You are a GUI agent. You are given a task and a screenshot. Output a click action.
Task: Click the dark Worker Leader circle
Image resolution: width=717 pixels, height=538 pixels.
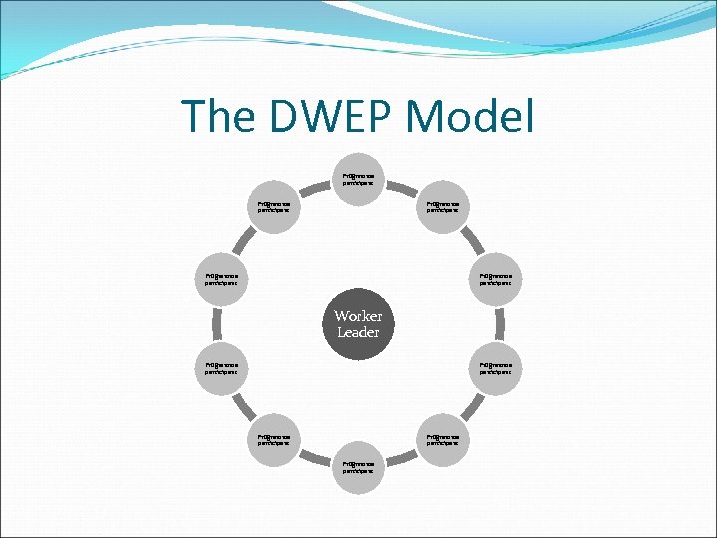358,324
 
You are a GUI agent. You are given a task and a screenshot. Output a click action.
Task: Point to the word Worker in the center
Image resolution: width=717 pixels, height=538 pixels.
358,316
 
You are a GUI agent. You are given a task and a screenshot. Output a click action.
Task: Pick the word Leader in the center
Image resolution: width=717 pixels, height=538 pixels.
358,333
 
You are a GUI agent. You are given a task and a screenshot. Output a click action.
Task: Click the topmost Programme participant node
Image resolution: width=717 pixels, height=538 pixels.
358,180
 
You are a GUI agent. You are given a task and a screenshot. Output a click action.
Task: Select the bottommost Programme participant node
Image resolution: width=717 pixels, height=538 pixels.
358,467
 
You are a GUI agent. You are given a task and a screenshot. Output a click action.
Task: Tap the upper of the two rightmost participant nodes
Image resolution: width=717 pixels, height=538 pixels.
495,279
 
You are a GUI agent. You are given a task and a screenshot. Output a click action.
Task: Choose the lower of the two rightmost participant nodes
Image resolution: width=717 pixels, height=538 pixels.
495,369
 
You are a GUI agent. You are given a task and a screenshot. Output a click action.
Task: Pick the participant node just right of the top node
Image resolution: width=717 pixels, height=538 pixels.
442,207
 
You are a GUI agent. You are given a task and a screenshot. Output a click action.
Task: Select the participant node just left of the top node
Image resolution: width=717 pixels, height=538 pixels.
274,207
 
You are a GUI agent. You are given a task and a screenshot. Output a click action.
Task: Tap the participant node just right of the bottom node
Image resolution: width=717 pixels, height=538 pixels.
442,439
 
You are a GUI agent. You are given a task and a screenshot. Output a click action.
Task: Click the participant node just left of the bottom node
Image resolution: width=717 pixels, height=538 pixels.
274,439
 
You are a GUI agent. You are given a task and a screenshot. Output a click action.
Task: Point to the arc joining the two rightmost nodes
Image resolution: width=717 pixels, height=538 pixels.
502,324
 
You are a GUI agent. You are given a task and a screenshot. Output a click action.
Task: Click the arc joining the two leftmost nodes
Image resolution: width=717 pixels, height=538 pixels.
215,324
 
